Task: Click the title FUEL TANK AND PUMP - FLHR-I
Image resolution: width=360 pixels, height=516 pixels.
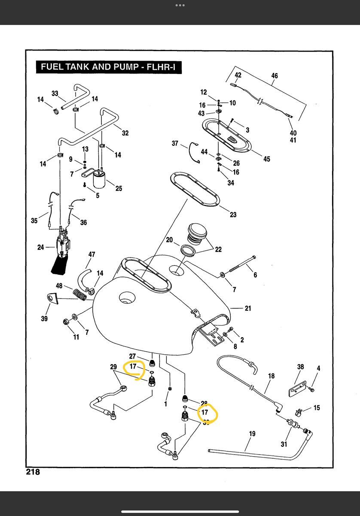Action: (x=108, y=67)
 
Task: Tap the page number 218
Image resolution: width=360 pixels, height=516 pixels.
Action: (x=33, y=472)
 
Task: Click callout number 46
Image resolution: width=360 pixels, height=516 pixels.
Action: (x=275, y=76)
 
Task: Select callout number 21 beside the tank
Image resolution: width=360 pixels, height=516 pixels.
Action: (x=248, y=308)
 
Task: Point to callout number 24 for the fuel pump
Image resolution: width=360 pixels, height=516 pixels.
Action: (x=41, y=247)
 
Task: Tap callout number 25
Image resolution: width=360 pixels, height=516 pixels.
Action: (x=119, y=188)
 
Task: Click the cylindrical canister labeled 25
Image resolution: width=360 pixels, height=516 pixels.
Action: (x=101, y=180)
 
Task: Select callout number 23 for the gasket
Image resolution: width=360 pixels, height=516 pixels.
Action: (x=233, y=215)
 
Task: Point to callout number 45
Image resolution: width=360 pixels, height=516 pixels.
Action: (x=267, y=159)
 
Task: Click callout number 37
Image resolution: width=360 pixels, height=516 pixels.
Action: (x=175, y=143)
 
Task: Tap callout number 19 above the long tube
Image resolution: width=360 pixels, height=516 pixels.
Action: (x=252, y=434)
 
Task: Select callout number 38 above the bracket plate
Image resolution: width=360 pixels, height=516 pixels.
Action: (x=300, y=367)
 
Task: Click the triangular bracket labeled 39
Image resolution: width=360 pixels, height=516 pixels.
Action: (x=52, y=298)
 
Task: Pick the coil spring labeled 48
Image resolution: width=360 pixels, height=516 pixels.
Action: (x=81, y=295)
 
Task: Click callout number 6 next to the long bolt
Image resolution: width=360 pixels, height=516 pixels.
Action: (x=255, y=275)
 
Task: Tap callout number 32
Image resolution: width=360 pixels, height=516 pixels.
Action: (x=125, y=133)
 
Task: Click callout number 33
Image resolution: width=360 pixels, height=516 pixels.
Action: (x=55, y=93)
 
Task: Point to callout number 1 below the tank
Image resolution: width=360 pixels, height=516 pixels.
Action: (x=166, y=404)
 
